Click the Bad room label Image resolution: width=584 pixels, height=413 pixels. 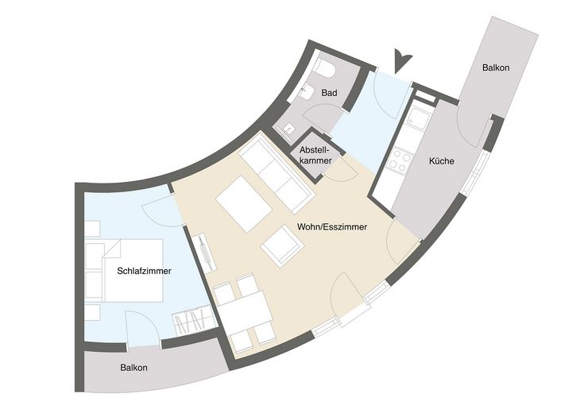(329, 93)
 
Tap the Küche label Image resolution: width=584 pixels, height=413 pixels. (441, 161)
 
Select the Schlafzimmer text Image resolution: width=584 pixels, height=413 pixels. (144, 271)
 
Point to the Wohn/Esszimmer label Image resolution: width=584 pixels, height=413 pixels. (332, 227)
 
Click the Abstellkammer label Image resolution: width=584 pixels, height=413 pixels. (315, 156)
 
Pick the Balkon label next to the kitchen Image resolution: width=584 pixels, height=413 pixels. (496, 68)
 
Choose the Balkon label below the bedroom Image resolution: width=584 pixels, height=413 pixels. (133, 368)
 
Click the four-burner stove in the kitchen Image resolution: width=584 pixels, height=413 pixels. (399, 160)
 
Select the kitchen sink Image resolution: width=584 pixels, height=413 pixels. (417, 116)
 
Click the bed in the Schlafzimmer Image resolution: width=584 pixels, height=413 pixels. (133, 270)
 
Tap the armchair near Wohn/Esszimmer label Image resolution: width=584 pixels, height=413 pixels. (282, 245)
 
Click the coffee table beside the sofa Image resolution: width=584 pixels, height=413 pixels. (245, 204)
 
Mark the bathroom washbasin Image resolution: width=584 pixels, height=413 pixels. (306, 91)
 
